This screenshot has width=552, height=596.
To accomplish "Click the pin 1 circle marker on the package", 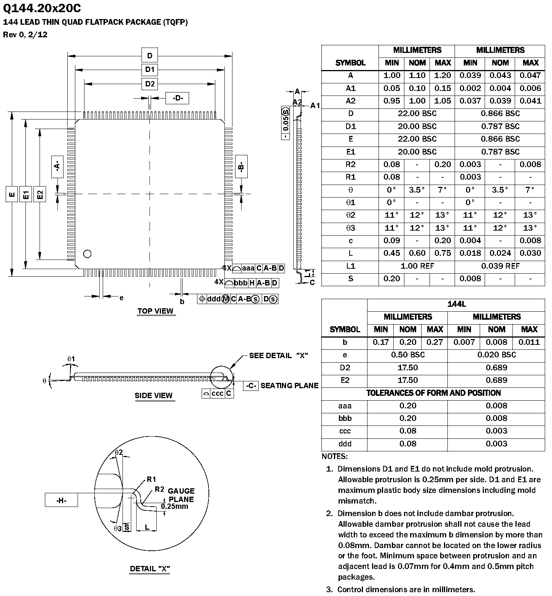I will [87, 253].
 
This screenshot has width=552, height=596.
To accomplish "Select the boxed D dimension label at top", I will [150, 56].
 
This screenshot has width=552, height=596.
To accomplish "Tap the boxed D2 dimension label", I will [150, 84].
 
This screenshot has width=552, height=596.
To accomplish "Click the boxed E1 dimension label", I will [25, 195].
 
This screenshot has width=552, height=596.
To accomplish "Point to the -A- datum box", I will [57, 166].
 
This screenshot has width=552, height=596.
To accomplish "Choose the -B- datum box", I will [241, 166].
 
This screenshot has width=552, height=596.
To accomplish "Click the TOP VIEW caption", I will [155, 311].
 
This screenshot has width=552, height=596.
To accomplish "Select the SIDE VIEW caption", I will [153, 395].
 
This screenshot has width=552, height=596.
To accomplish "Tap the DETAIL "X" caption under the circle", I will [150, 569].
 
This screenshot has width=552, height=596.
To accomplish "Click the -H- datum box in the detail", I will [61, 500].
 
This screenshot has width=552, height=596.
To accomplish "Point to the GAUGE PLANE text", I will [181, 495].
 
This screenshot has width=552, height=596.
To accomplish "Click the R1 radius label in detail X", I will [151, 480].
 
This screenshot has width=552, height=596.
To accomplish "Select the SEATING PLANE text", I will [289, 386].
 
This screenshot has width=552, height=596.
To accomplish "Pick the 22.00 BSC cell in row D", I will [417, 113].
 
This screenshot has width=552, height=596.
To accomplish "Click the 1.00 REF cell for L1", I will [417, 266].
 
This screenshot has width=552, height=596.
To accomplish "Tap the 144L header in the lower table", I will [456, 304].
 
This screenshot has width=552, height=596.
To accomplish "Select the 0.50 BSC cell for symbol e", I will [407, 355].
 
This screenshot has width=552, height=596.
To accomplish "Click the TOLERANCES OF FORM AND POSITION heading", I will [433, 393].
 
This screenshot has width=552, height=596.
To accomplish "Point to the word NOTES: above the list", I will [334, 456].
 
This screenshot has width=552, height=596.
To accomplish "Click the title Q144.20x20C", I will [42, 8].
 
